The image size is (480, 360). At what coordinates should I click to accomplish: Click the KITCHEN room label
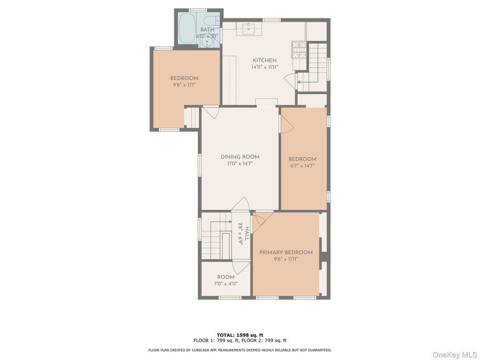point(264,60)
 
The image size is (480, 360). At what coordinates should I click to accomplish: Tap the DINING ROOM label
point(240,157)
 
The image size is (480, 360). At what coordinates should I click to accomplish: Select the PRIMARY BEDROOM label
point(286,253)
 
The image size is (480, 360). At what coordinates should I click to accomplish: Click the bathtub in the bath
point(187,28)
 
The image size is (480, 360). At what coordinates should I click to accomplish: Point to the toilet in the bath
point(211,22)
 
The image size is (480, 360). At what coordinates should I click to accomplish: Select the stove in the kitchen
point(299,50)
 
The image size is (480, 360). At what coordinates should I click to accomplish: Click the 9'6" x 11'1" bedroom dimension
point(184,85)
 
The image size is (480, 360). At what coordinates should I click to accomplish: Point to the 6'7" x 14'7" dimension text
point(302,166)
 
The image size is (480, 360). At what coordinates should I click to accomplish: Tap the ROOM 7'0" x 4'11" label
point(226,280)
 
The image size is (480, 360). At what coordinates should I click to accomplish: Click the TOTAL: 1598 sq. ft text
point(240,335)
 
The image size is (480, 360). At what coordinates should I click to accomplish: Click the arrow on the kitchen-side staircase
point(307,82)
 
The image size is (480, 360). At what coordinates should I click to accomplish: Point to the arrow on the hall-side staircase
point(221,221)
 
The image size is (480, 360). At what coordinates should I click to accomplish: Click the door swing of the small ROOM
point(241,268)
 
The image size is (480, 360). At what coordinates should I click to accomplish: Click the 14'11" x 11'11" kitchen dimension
point(265,67)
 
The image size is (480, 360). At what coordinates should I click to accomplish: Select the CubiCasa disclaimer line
point(240,350)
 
